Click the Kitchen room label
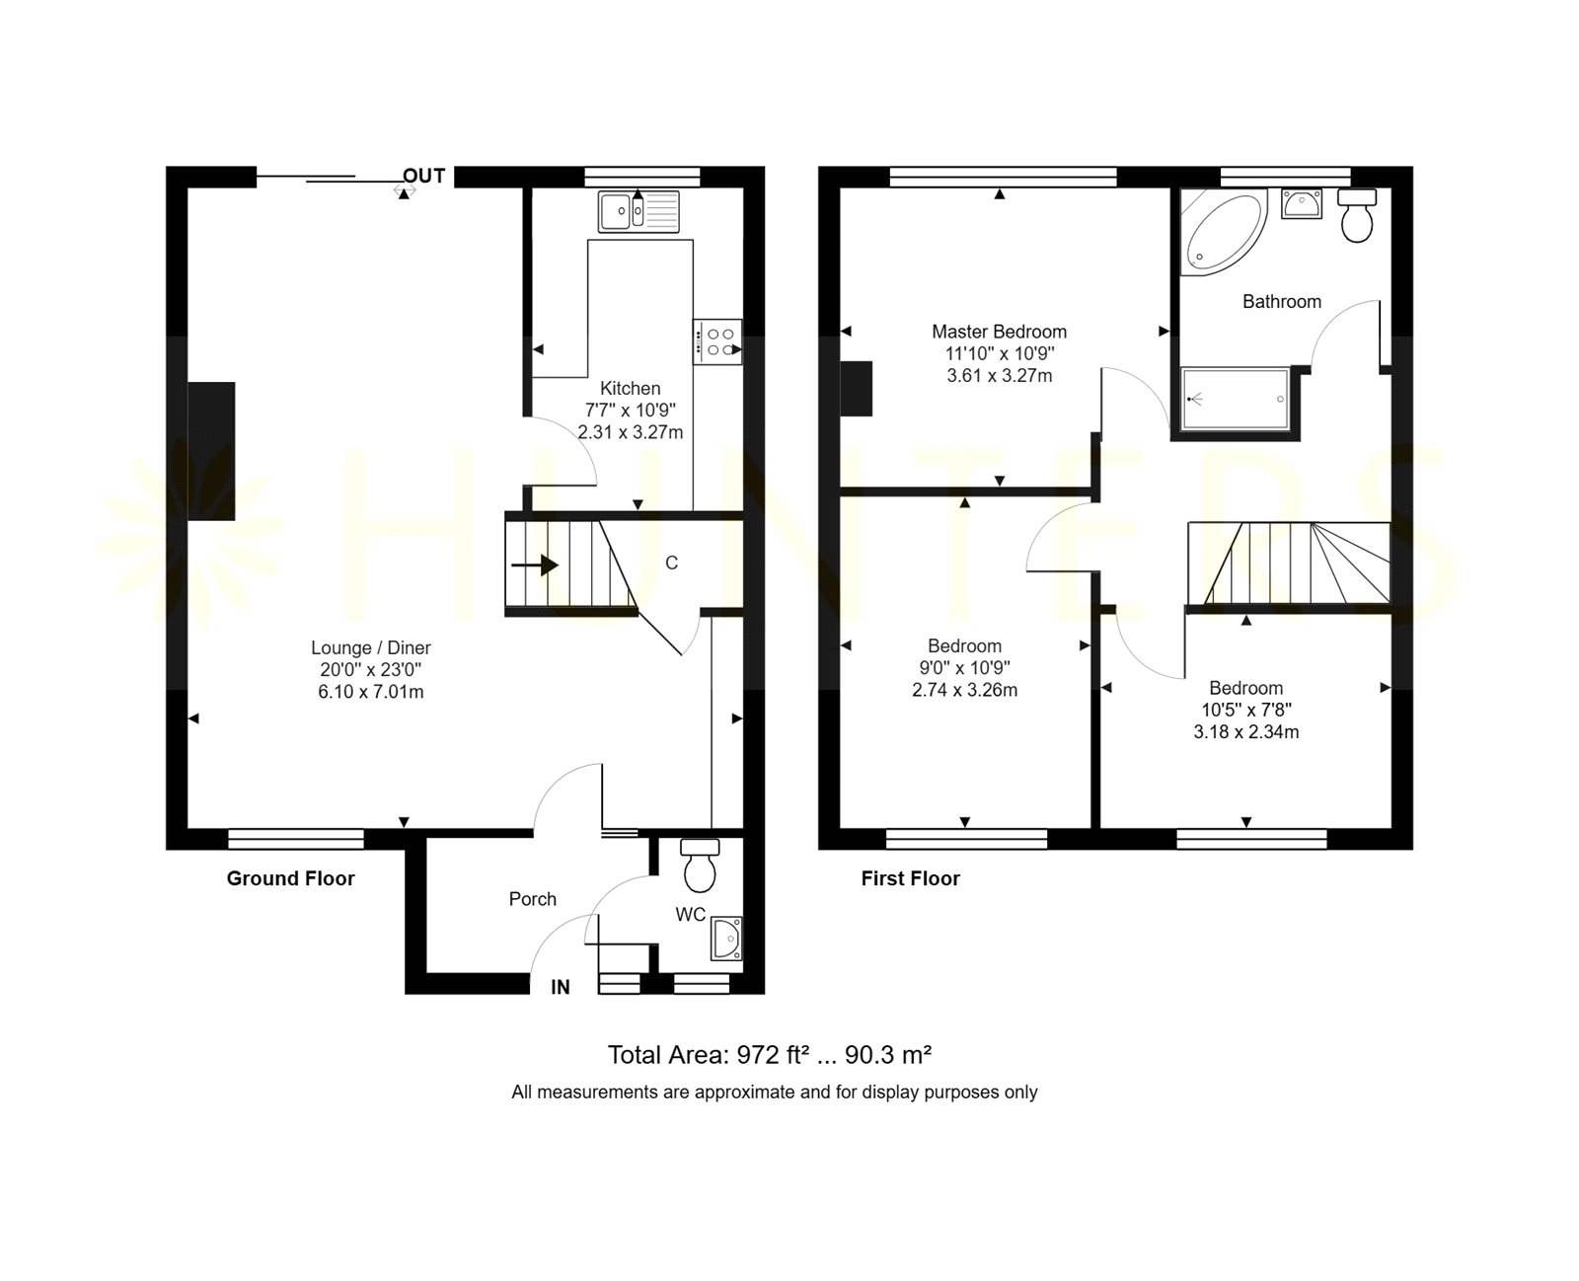pos(630,388)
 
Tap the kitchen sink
pos(639,211)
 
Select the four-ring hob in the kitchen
pos(716,341)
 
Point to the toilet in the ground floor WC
pos(699,865)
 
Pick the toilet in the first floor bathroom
pos(1357,214)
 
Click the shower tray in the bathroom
pos(1235,398)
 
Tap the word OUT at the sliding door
pos(423,176)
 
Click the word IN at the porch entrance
pos(560,987)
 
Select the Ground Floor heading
pos(290,878)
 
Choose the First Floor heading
pos(910,878)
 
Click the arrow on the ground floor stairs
pos(535,565)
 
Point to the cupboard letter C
pos(671,564)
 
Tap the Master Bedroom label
pos(1000,332)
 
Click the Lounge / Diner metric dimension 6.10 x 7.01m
pos(371,692)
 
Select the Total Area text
pos(770,1054)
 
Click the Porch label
pos(532,899)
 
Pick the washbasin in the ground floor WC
pos(726,939)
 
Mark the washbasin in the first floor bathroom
pos(1301,203)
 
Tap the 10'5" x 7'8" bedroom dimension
pos(1246,710)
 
